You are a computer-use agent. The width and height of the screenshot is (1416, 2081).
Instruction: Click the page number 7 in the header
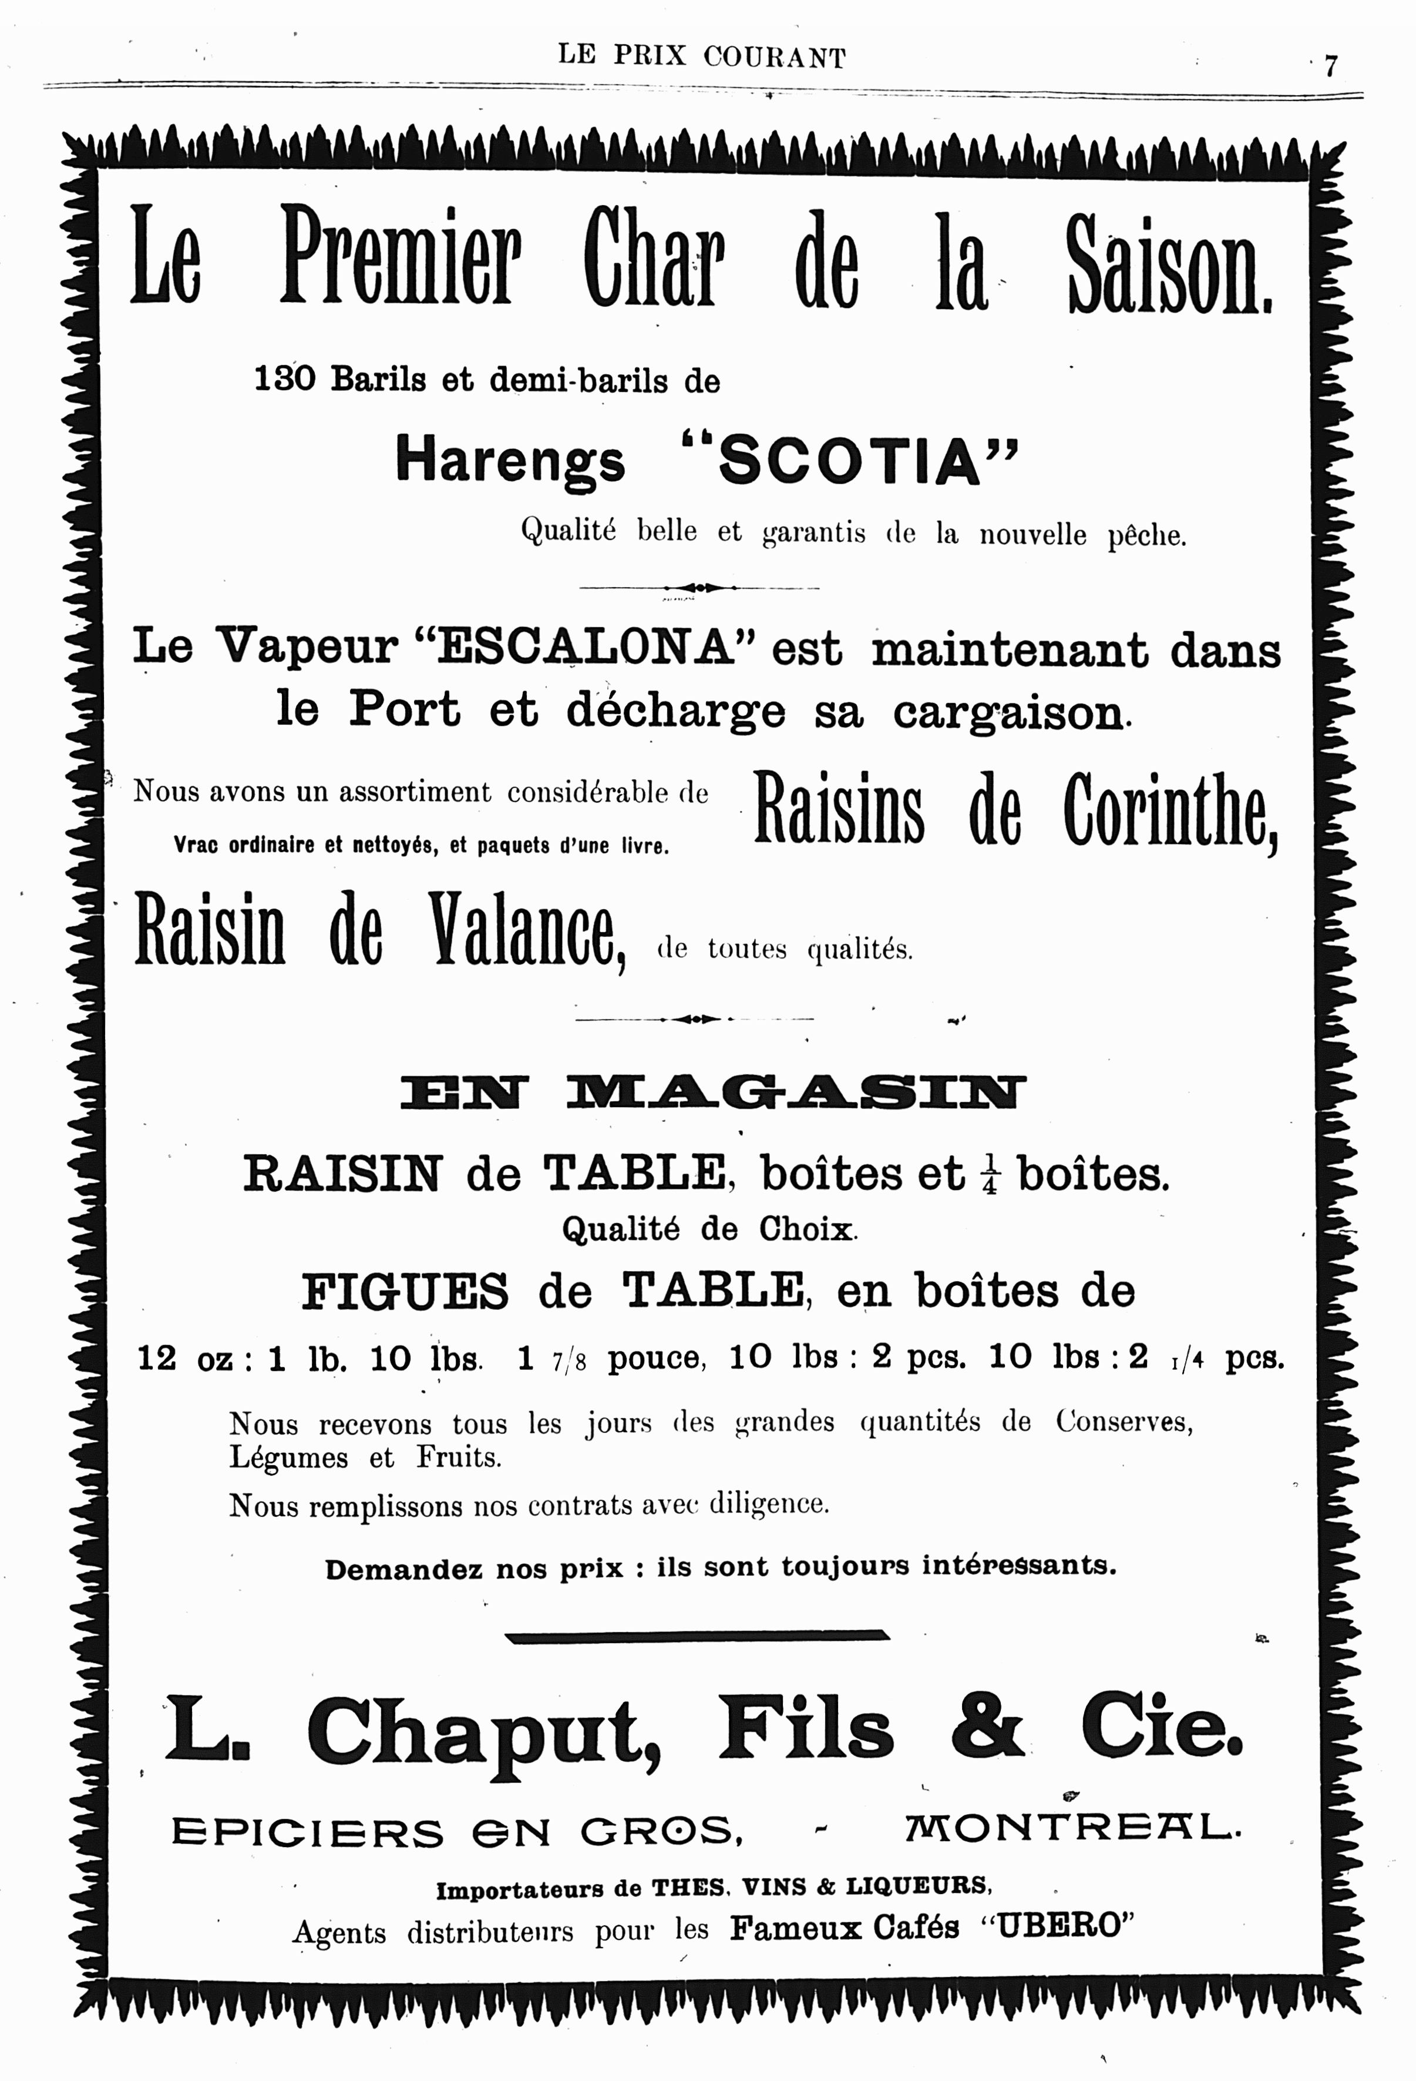[x=1330, y=67]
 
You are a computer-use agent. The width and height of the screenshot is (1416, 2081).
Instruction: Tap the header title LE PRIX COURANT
[x=702, y=56]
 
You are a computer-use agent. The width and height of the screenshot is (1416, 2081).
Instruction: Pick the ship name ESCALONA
[x=587, y=646]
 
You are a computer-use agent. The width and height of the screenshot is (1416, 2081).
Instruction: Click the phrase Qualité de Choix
[x=709, y=1229]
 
